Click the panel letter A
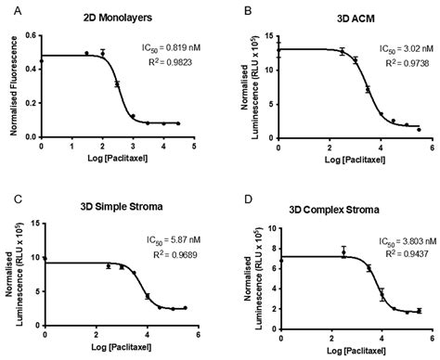point(6,8)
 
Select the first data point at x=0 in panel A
point(41,61)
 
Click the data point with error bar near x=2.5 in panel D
point(343,252)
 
